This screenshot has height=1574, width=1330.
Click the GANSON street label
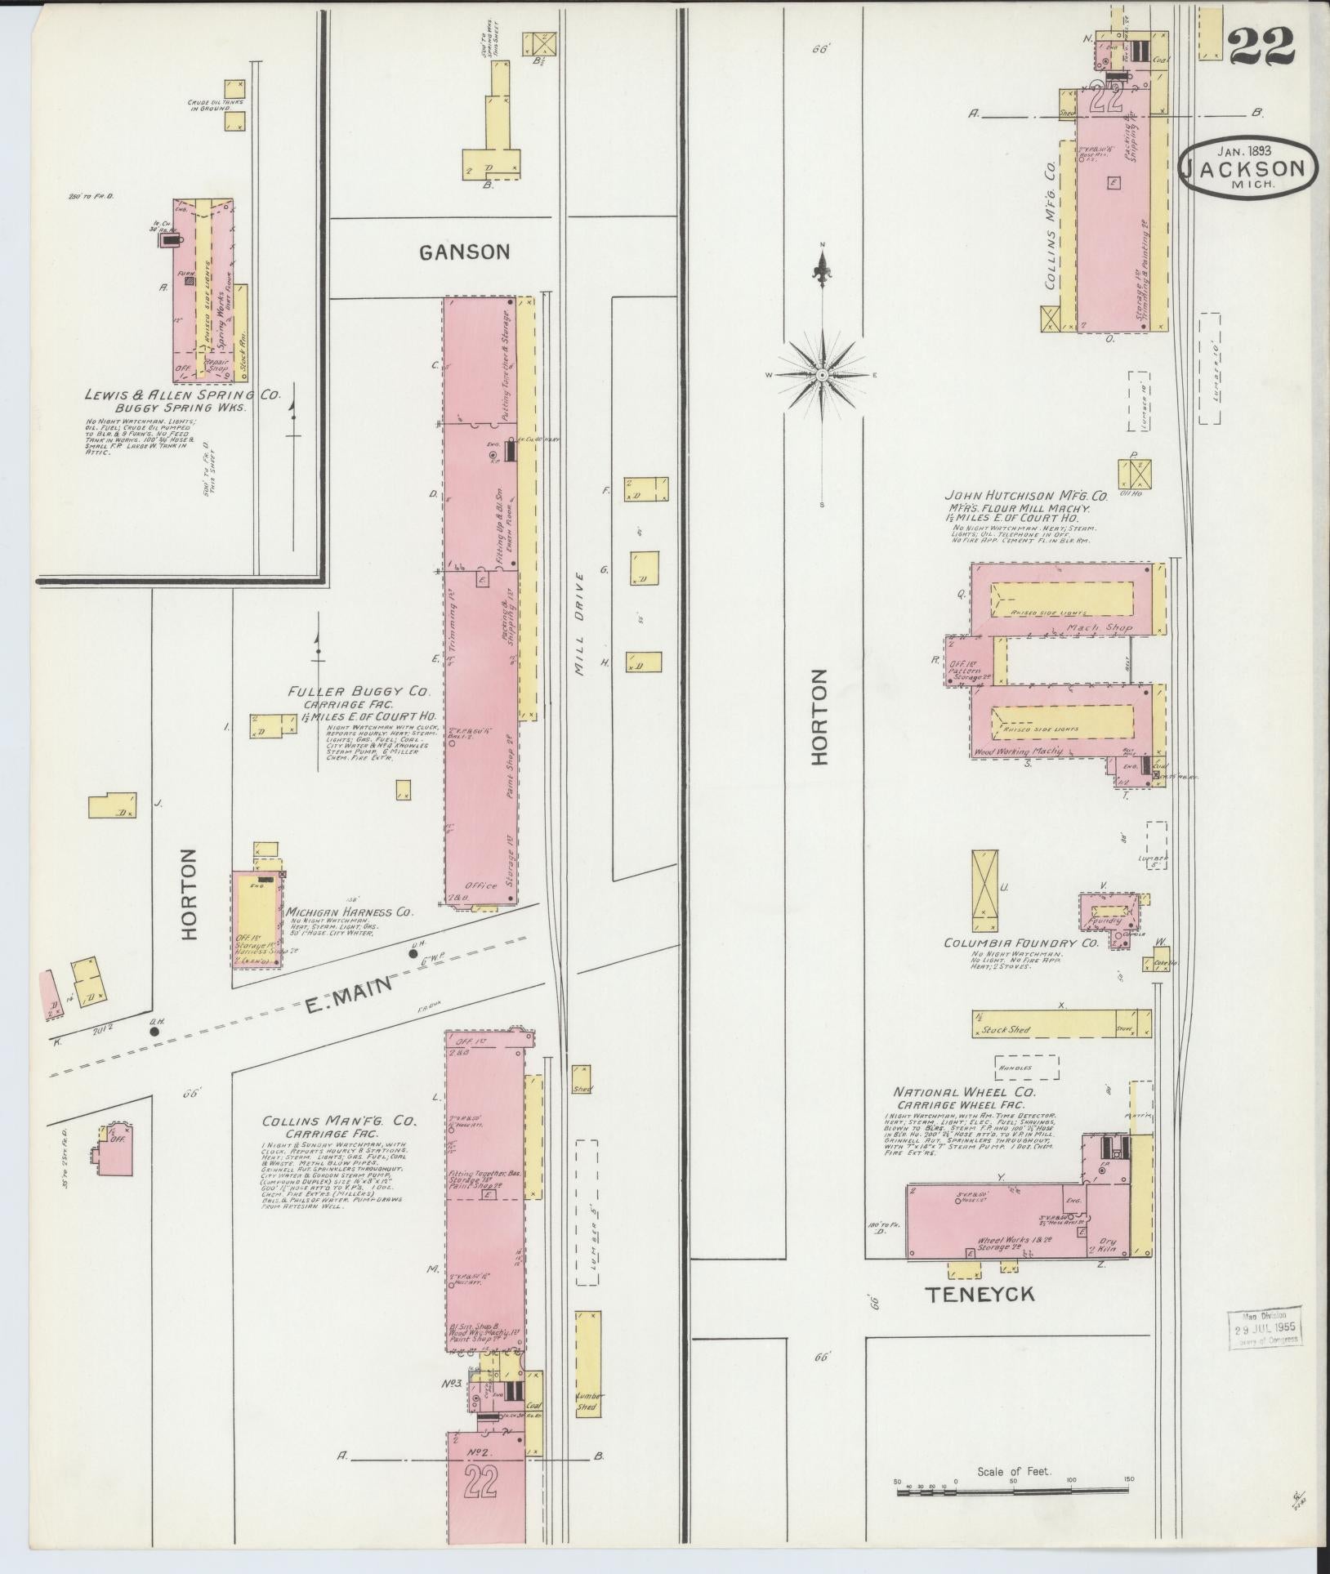tap(464, 252)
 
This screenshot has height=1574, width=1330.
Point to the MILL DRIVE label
tap(579, 623)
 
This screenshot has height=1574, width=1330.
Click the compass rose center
tap(822, 374)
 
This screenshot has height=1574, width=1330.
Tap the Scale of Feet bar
tap(1013, 1491)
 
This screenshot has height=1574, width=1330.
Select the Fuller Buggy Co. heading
tap(359, 692)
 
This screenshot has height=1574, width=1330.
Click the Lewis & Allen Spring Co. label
tap(182, 395)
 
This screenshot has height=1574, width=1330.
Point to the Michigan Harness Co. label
tap(349, 912)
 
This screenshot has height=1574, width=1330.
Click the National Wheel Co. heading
tap(964, 1092)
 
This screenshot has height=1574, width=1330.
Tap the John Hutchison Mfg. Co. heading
tap(1025, 495)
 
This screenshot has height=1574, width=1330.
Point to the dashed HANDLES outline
tap(1026, 1068)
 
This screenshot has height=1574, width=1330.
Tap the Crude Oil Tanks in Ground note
tap(209, 106)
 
